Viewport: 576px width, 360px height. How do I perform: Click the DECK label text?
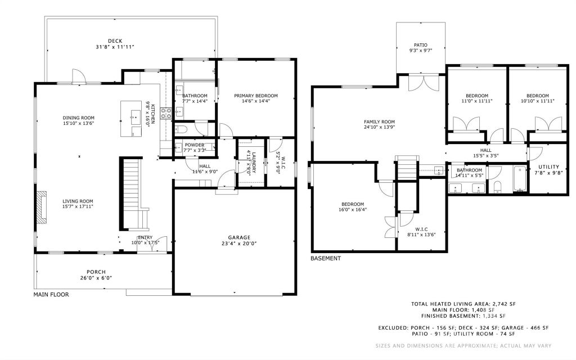point(115,40)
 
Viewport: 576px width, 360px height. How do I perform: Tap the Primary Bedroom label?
point(256,96)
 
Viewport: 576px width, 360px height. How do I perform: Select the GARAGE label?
point(239,237)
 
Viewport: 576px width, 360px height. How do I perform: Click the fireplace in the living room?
point(42,207)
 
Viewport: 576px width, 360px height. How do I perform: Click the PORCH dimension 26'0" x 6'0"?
point(96,278)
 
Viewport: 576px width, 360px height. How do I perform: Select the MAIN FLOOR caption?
point(51,294)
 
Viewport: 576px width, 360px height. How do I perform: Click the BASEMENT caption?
point(326,258)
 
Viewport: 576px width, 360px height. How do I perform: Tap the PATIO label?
point(421,45)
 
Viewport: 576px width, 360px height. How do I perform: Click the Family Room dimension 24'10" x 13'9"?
point(380,128)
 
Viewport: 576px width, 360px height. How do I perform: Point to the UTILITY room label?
point(549,166)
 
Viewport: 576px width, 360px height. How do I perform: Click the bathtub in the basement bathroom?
point(520,179)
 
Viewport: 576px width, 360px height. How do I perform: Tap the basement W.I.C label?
point(421,229)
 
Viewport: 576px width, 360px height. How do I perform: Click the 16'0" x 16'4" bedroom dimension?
point(353,210)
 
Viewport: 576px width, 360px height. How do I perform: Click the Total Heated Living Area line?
point(463,304)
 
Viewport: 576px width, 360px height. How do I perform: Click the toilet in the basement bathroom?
point(498,187)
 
